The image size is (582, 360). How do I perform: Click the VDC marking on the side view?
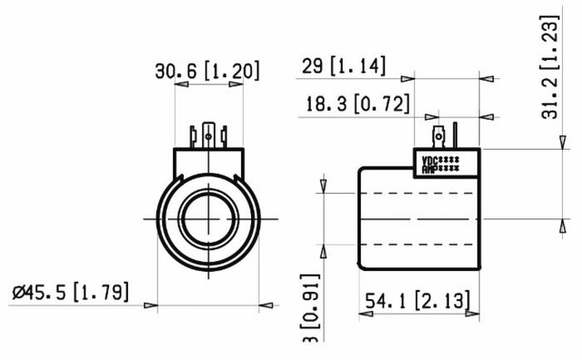click(x=430, y=161)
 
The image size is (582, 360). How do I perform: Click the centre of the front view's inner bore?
click(x=209, y=218)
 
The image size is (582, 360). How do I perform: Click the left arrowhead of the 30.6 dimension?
click(x=181, y=85)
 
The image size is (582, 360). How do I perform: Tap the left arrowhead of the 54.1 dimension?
click(x=366, y=315)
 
